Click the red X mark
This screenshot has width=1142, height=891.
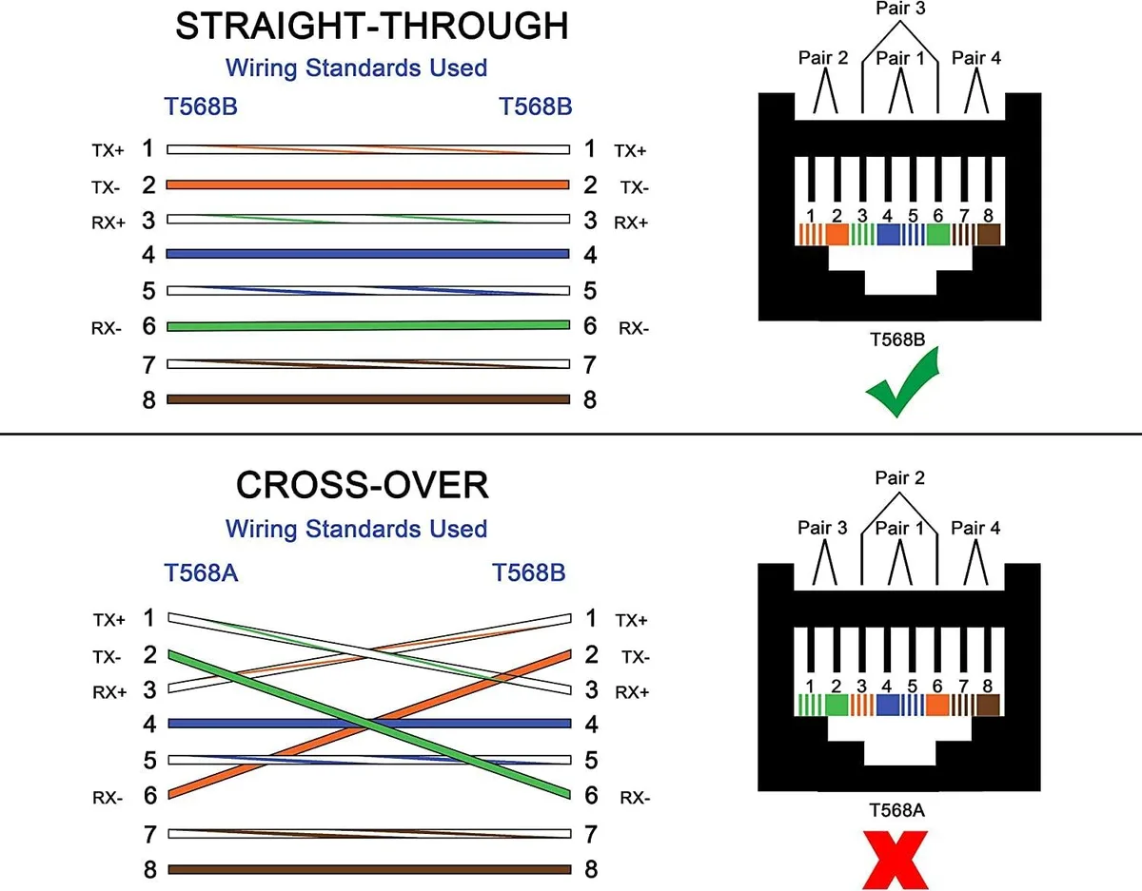click(895, 860)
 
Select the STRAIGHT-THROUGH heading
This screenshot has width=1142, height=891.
click(371, 26)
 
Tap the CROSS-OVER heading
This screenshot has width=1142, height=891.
click(363, 485)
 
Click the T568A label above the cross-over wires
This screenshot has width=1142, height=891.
click(201, 572)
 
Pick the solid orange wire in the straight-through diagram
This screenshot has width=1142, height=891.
click(368, 184)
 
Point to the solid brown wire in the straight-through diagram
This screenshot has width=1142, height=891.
click(368, 399)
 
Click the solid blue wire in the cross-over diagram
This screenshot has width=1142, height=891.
click(369, 724)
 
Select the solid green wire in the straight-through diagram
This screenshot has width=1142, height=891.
click(368, 326)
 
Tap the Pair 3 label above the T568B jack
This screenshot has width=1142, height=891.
click(900, 9)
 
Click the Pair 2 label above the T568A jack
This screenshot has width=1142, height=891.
click(899, 477)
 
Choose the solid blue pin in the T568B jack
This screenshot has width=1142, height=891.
click(889, 234)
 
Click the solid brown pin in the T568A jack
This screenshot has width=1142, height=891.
click(988, 706)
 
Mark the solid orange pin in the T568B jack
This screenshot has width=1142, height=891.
click(837, 234)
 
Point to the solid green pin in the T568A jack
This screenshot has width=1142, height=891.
click(837, 706)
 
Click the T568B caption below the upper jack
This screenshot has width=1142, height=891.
click(897, 339)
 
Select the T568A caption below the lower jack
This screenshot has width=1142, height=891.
click(896, 811)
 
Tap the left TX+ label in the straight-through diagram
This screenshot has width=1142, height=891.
click(108, 150)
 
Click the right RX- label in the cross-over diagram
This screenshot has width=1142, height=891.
click(635, 798)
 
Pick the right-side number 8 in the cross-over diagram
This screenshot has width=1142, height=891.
click(591, 869)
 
